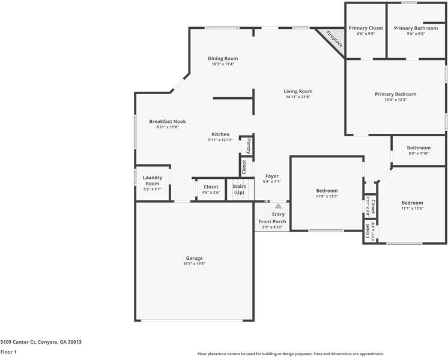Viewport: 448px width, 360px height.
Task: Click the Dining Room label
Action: (223, 59)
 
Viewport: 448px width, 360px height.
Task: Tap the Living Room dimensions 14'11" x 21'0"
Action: (298, 97)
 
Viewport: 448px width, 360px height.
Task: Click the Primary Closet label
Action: (365, 28)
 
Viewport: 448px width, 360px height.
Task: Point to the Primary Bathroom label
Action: (416, 28)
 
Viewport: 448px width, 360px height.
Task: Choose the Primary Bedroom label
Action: (395, 94)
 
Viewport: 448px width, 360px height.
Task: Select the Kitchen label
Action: (220, 134)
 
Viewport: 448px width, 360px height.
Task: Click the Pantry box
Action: (247, 145)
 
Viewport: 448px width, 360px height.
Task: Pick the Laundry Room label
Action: (152, 180)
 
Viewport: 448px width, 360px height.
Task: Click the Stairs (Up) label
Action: (238, 190)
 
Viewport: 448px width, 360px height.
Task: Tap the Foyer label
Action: (271, 176)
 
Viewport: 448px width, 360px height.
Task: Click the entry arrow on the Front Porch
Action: (278, 205)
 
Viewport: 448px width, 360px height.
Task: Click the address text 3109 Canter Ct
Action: (41, 342)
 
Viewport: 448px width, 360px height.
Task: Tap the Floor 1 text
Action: (8, 352)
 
